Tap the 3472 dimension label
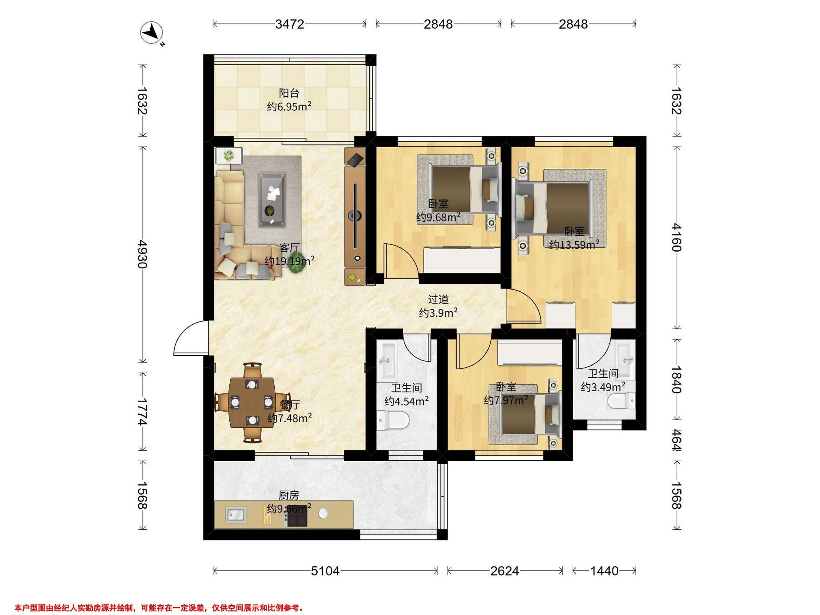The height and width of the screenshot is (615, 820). click(289, 24)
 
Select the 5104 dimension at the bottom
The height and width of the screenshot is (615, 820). click(325, 571)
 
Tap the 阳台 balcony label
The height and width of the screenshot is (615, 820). click(289, 93)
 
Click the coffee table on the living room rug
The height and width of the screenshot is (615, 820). click(272, 200)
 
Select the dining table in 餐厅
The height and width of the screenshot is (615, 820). click(252, 402)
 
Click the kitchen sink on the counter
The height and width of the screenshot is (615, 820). click(236, 515)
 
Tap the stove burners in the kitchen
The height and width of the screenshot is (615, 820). click(296, 515)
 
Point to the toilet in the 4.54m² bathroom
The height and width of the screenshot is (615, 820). click(393, 420)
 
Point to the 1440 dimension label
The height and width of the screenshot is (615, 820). click(604, 571)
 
